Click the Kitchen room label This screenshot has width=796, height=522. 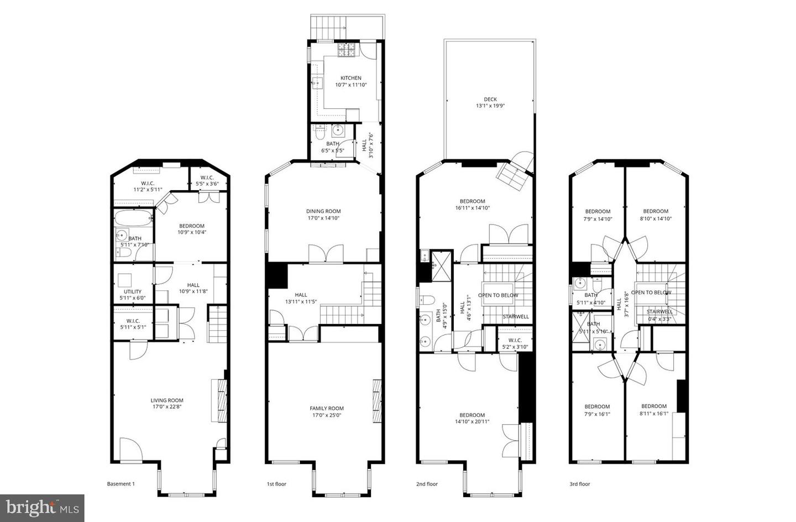[x=350, y=78]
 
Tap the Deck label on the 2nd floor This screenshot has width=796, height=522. [x=490, y=100]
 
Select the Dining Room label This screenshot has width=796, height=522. [x=323, y=211]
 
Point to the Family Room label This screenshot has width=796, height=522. [x=326, y=408]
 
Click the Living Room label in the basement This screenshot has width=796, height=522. [x=167, y=400]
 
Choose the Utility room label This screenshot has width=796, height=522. [x=133, y=291]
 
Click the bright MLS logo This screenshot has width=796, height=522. [x=42, y=507]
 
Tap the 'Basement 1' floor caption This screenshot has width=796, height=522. [x=121, y=484]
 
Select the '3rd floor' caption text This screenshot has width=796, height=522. [x=580, y=484]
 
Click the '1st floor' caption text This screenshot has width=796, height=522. [x=276, y=484]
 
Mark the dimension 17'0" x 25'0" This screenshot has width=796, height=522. [x=326, y=415]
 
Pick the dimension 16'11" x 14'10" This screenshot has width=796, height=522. [x=472, y=208]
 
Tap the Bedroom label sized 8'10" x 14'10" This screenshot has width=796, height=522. [x=656, y=211]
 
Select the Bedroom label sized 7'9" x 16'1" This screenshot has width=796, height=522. [x=597, y=406]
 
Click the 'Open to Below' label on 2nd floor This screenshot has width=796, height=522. [x=498, y=295]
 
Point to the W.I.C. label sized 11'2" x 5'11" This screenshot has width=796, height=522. [x=148, y=183]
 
